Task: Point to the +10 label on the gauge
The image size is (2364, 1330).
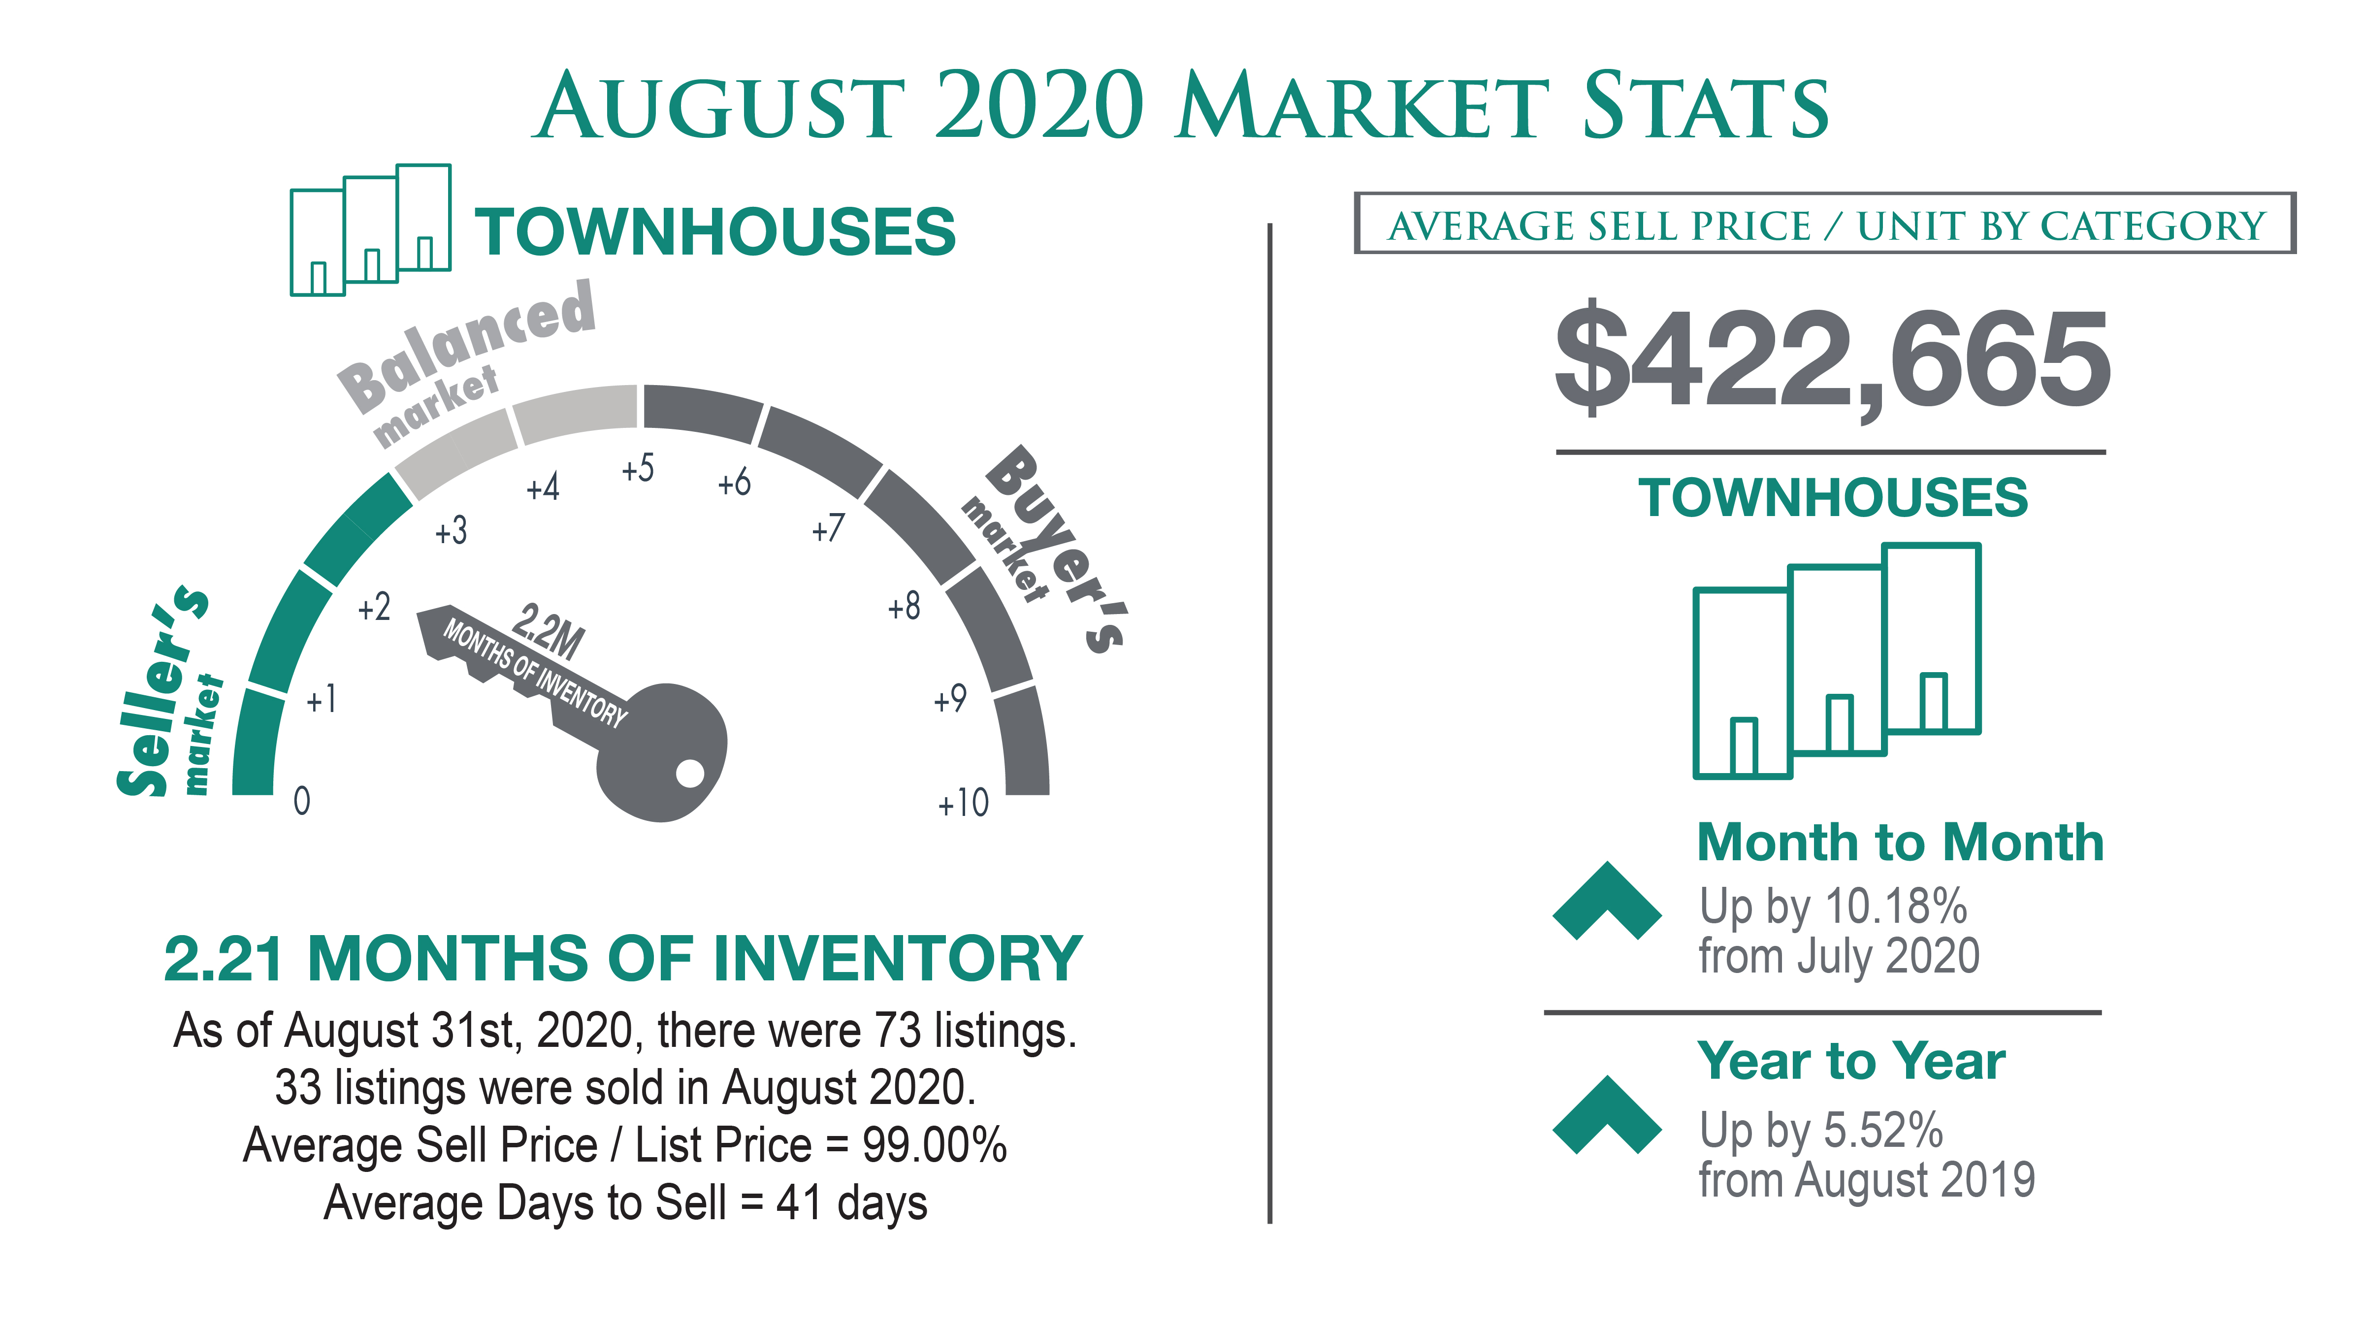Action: (963, 803)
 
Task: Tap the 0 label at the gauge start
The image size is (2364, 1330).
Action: (302, 801)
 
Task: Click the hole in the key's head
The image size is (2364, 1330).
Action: (690, 774)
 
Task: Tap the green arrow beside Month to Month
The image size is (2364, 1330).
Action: (1607, 901)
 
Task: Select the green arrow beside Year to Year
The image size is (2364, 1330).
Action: (1607, 1114)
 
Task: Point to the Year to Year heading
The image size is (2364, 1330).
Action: (1851, 1061)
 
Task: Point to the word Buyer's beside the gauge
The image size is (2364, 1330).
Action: (1055, 549)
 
